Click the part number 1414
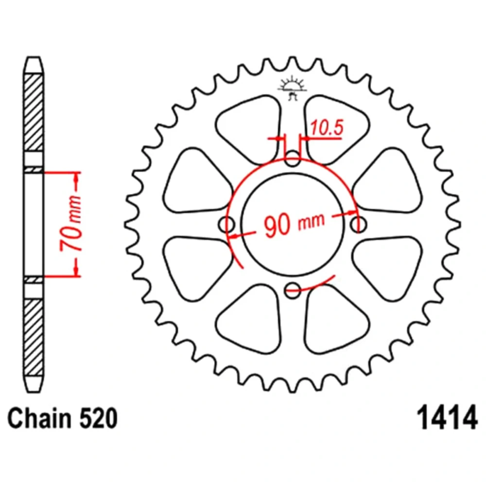pos(447,417)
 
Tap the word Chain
pos(39,418)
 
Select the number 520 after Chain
pos(98,418)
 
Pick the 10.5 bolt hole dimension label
pos(327,127)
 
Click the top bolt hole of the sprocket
pos(292,158)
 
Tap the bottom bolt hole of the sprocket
pos(292,290)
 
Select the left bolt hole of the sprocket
pos(226,224)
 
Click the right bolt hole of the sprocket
pos(358,224)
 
